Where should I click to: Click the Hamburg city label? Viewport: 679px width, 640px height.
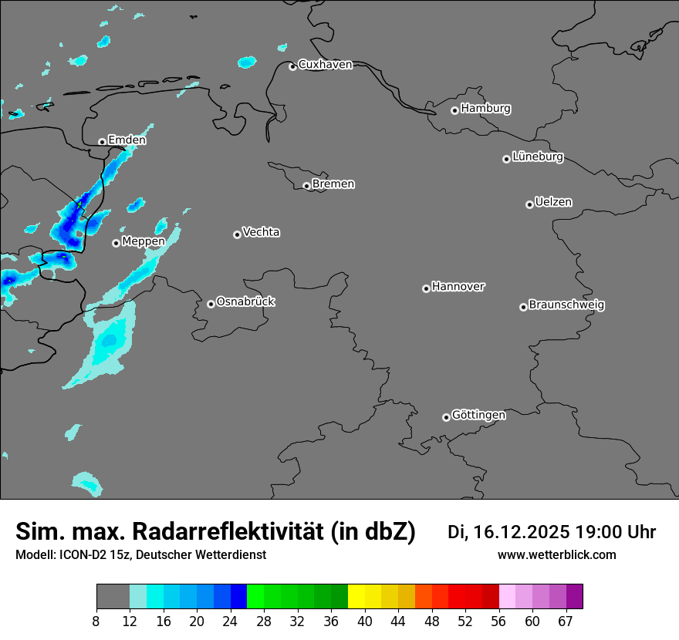[x=485, y=109]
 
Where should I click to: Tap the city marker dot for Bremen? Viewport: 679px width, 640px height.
[x=306, y=186]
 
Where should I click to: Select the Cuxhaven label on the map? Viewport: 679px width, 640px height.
[x=325, y=65]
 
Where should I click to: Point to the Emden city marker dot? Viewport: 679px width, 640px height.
[x=102, y=142]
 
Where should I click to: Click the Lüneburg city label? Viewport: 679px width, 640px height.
[x=537, y=157]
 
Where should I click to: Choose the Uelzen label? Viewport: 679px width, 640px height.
[x=553, y=203]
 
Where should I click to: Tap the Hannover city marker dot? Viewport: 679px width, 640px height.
[x=426, y=288]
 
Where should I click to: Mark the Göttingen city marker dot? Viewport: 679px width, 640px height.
[x=446, y=417]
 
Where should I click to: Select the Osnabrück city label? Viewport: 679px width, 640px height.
[x=245, y=302]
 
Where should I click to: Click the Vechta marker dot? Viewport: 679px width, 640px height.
[x=237, y=234]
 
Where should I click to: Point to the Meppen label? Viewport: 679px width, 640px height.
[x=144, y=241]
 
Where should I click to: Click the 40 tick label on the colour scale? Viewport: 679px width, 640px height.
[x=365, y=621]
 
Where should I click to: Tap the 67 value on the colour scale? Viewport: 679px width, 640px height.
[x=566, y=621]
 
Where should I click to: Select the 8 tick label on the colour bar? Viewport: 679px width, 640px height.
[x=96, y=621]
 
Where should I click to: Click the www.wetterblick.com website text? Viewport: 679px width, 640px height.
[x=556, y=555]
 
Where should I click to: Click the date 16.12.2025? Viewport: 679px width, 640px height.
[x=522, y=532]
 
